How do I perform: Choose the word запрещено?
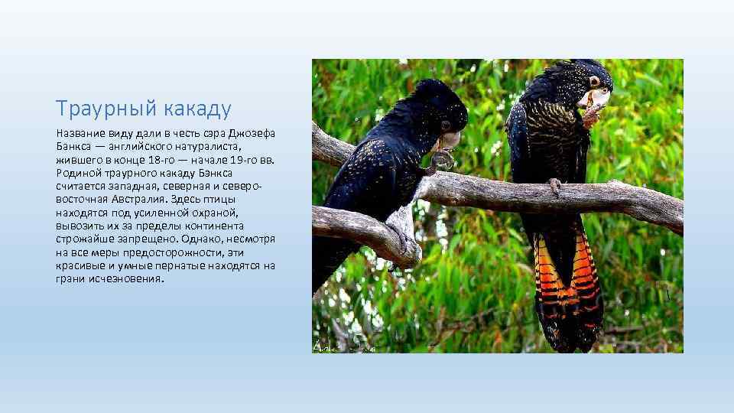pyautogui.click(x=147, y=238)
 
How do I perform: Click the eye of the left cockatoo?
pyautogui.click(x=446, y=124)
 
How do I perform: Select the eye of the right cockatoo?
pyautogui.click(x=593, y=80)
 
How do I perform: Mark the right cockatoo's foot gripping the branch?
pyautogui.click(x=554, y=186)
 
